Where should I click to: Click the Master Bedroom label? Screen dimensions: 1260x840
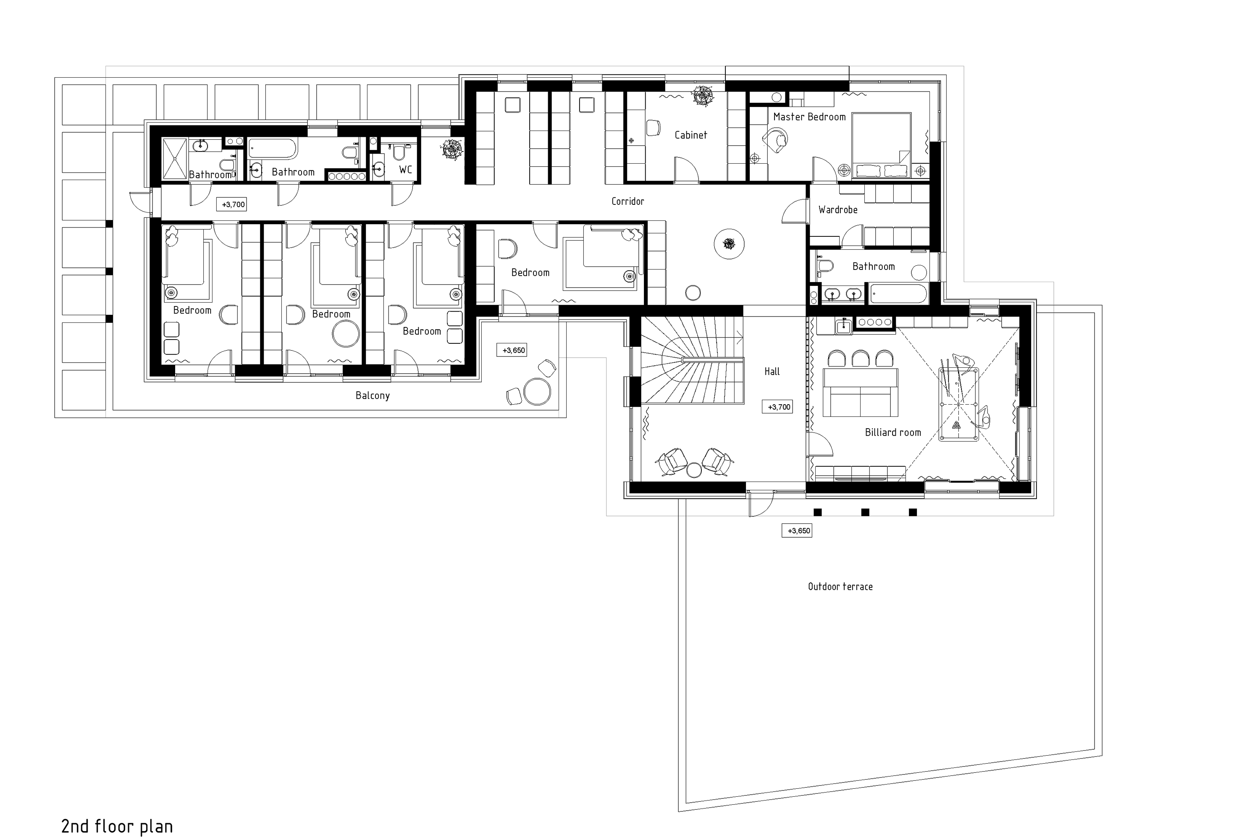coord(809,117)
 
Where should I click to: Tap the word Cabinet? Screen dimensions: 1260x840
coord(690,135)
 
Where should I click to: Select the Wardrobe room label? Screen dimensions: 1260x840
coord(837,210)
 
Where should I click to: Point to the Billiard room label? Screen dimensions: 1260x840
coord(893,432)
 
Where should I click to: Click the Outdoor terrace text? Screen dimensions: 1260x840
coord(840,586)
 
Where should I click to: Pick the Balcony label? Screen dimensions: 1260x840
coord(373,395)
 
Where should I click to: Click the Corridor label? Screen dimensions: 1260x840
coord(627,201)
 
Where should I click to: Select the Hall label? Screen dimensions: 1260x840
coord(772,371)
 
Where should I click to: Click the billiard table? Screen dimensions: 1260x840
coord(959,404)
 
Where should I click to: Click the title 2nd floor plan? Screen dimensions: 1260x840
coord(117,826)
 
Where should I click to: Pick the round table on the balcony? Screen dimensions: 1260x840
coord(537,391)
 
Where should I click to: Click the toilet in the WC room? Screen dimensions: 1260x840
coord(399,153)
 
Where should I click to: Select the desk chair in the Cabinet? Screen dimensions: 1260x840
coord(653,128)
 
